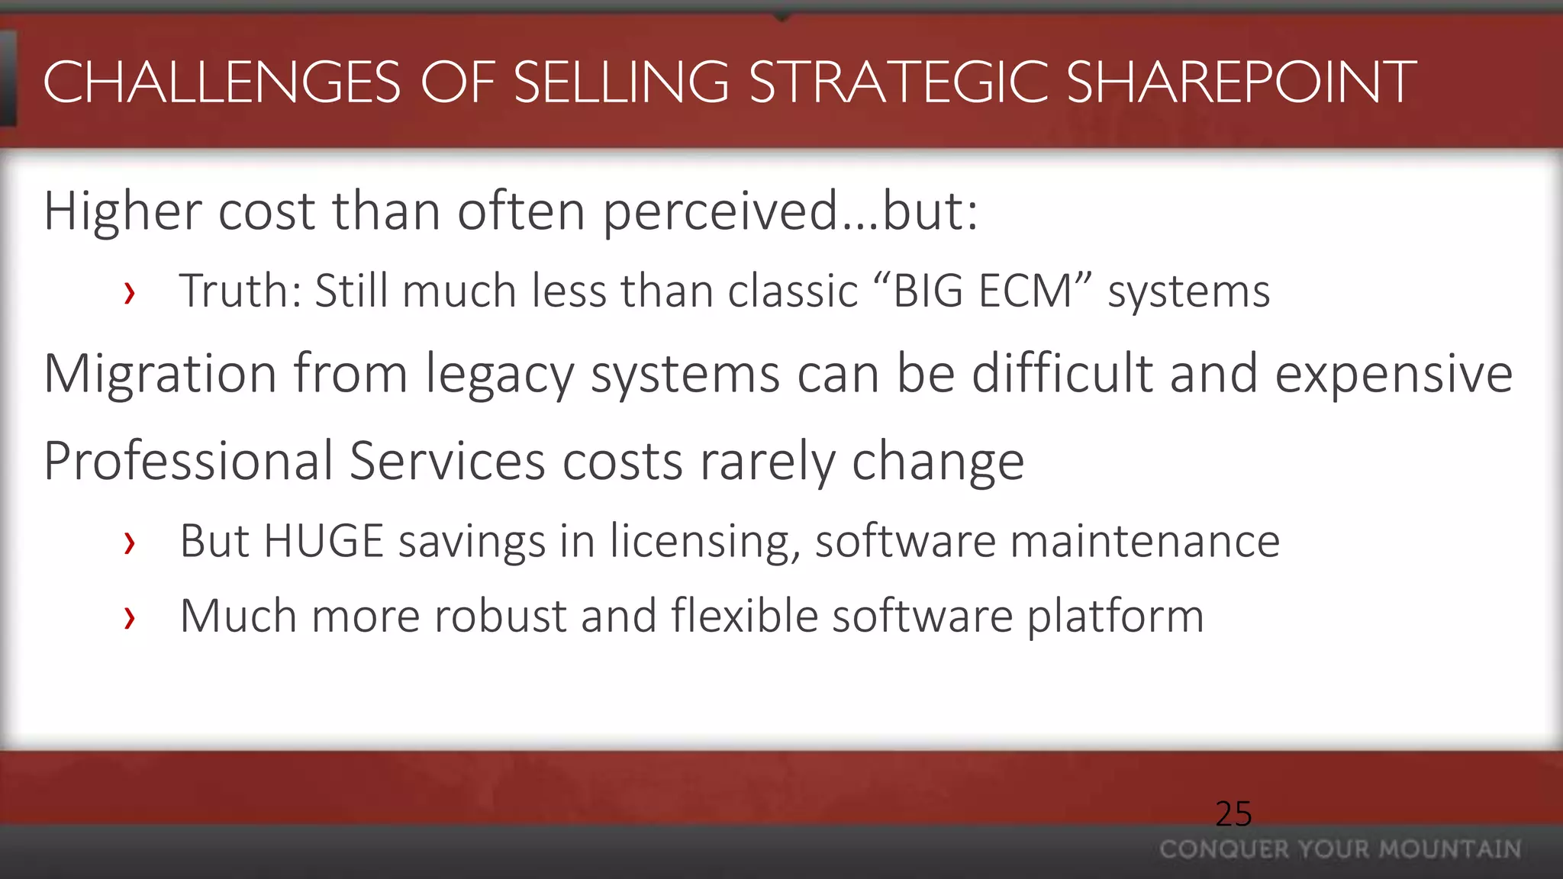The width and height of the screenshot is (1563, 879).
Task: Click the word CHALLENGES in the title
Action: pos(222,82)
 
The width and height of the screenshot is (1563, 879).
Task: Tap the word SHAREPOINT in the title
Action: pos(1241,82)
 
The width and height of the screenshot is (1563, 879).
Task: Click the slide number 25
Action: pos(1233,814)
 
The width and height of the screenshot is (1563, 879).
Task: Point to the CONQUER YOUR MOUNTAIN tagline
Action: pos(1340,849)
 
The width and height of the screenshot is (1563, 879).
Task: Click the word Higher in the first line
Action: pos(122,211)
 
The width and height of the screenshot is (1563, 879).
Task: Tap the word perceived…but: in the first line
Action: pos(791,211)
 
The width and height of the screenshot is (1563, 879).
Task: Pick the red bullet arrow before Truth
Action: pos(130,293)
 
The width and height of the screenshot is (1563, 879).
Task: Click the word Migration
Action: pos(160,374)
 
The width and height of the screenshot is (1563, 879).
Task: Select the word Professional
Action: pos(189,462)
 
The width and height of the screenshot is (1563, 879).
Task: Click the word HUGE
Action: pos(323,542)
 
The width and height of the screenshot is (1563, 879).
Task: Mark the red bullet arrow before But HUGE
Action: pos(130,543)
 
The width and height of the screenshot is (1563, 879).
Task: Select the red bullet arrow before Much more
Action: pos(130,618)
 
